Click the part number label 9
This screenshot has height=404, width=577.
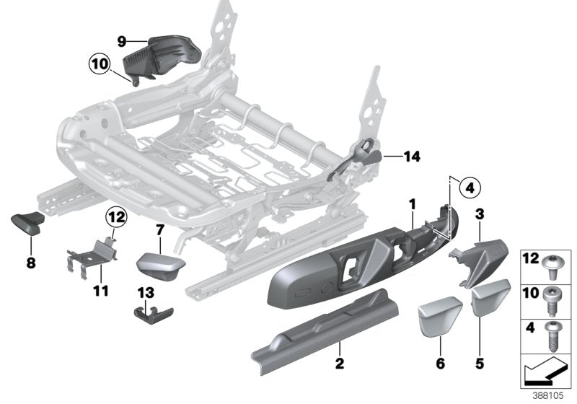tap(121, 41)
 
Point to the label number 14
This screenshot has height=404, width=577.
tap(413, 156)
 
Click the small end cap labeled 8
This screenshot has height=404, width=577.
tap(27, 224)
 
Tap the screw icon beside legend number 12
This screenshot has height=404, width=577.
tap(558, 265)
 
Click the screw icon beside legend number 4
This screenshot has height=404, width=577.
tap(558, 333)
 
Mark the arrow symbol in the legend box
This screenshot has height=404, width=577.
tap(547, 372)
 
